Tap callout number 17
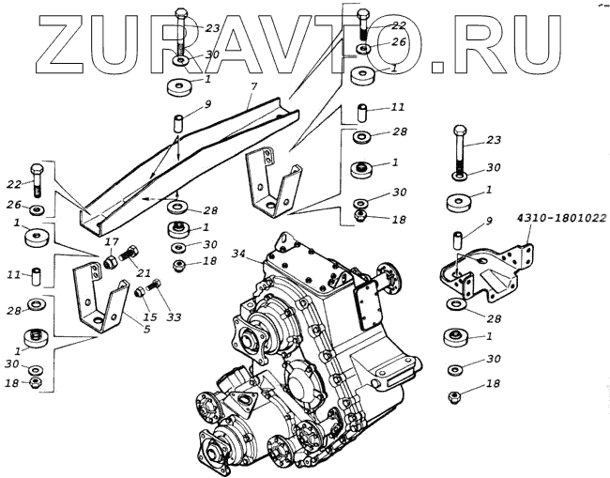click(x=112, y=240)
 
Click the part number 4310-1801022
click(x=560, y=219)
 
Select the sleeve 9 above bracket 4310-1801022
click(x=458, y=239)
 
